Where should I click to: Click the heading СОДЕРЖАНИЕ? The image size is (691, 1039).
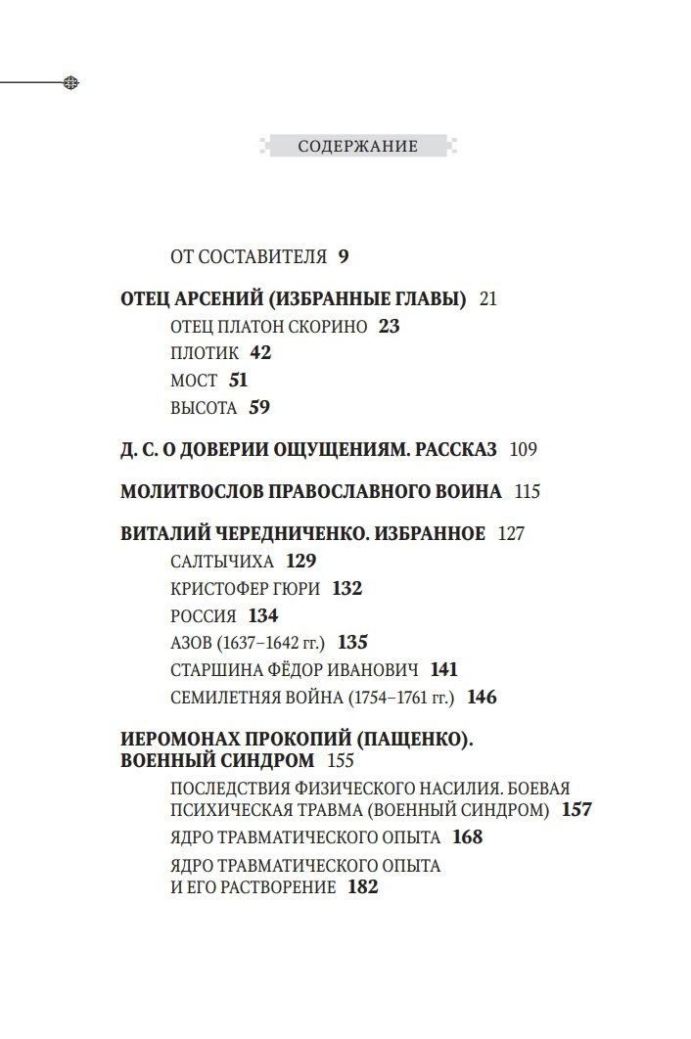point(357,147)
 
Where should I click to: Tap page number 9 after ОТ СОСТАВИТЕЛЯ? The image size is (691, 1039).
point(344,257)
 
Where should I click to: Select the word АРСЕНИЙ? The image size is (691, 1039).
point(221,299)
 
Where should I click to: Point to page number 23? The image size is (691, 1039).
point(389,327)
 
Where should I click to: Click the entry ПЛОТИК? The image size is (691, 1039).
point(205,353)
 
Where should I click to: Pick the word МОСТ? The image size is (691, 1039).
point(194,381)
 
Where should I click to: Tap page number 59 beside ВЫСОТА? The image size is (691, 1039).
point(259,408)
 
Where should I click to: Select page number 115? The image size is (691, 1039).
point(527,491)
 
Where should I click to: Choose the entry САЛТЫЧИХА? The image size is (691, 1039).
point(223,562)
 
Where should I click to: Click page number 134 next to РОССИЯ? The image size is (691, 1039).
point(263,616)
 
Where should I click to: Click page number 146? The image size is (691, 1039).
point(483,698)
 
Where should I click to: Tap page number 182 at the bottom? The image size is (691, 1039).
point(362,887)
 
